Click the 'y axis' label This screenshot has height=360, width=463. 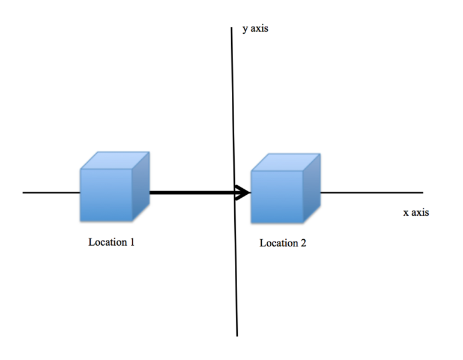point(255,29)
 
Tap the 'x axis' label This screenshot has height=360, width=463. point(416,212)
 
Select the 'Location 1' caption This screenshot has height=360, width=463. point(111,243)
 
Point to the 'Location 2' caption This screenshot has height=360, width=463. point(282,243)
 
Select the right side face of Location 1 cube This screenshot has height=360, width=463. point(141,186)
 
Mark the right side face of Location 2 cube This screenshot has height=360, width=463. point(311,188)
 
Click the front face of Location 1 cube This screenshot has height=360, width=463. point(106,195)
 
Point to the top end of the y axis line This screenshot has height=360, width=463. point(232,29)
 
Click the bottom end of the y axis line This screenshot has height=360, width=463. point(237,335)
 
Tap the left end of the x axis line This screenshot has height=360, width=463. point(23,193)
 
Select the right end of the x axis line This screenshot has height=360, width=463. point(422,193)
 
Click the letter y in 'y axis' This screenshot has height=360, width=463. point(245,29)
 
